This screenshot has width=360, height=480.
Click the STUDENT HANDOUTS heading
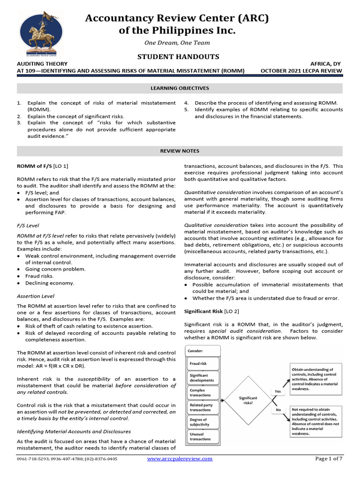[x=178, y=57]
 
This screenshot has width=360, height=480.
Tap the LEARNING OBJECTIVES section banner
[x=180, y=88]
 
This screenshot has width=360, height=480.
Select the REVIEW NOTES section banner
[x=180, y=151]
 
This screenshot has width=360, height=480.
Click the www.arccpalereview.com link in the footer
[x=180, y=459]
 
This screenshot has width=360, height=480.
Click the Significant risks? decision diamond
[x=248, y=400]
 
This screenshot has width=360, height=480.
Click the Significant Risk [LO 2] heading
[x=209, y=311]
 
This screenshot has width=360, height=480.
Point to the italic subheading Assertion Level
[x=35, y=296]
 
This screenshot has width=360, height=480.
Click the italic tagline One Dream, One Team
[x=177, y=43]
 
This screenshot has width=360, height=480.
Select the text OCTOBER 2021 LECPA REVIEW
[x=301, y=71]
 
